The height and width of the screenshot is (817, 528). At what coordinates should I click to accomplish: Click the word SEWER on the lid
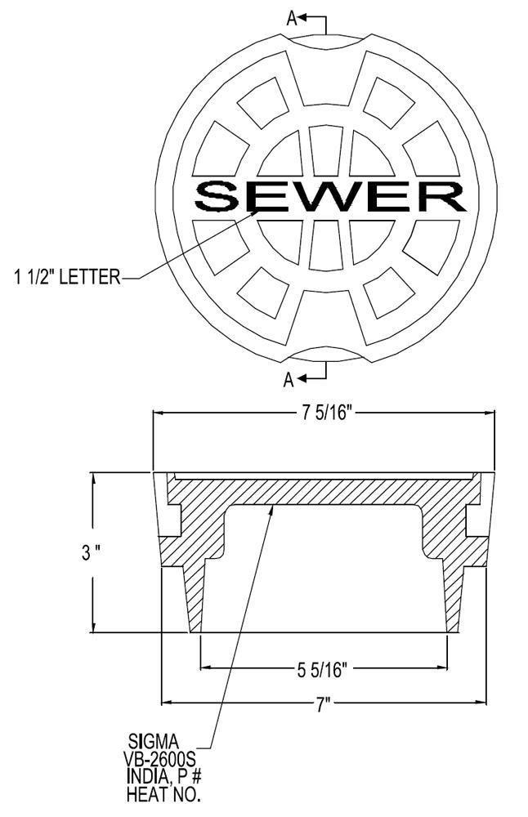click(x=329, y=196)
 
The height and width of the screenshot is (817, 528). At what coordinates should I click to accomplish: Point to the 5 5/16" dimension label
click(x=322, y=670)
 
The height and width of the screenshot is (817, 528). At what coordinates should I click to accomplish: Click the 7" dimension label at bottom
click(x=324, y=704)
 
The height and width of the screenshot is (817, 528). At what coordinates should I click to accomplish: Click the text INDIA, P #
click(x=162, y=776)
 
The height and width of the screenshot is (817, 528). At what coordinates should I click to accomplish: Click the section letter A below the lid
click(x=289, y=379)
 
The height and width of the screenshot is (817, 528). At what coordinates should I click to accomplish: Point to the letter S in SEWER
click(x=219, y=196)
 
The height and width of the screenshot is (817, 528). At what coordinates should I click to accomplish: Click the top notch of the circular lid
click(x=326, y=39)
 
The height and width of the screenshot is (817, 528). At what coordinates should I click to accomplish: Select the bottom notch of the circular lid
click(x=326, y=353)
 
